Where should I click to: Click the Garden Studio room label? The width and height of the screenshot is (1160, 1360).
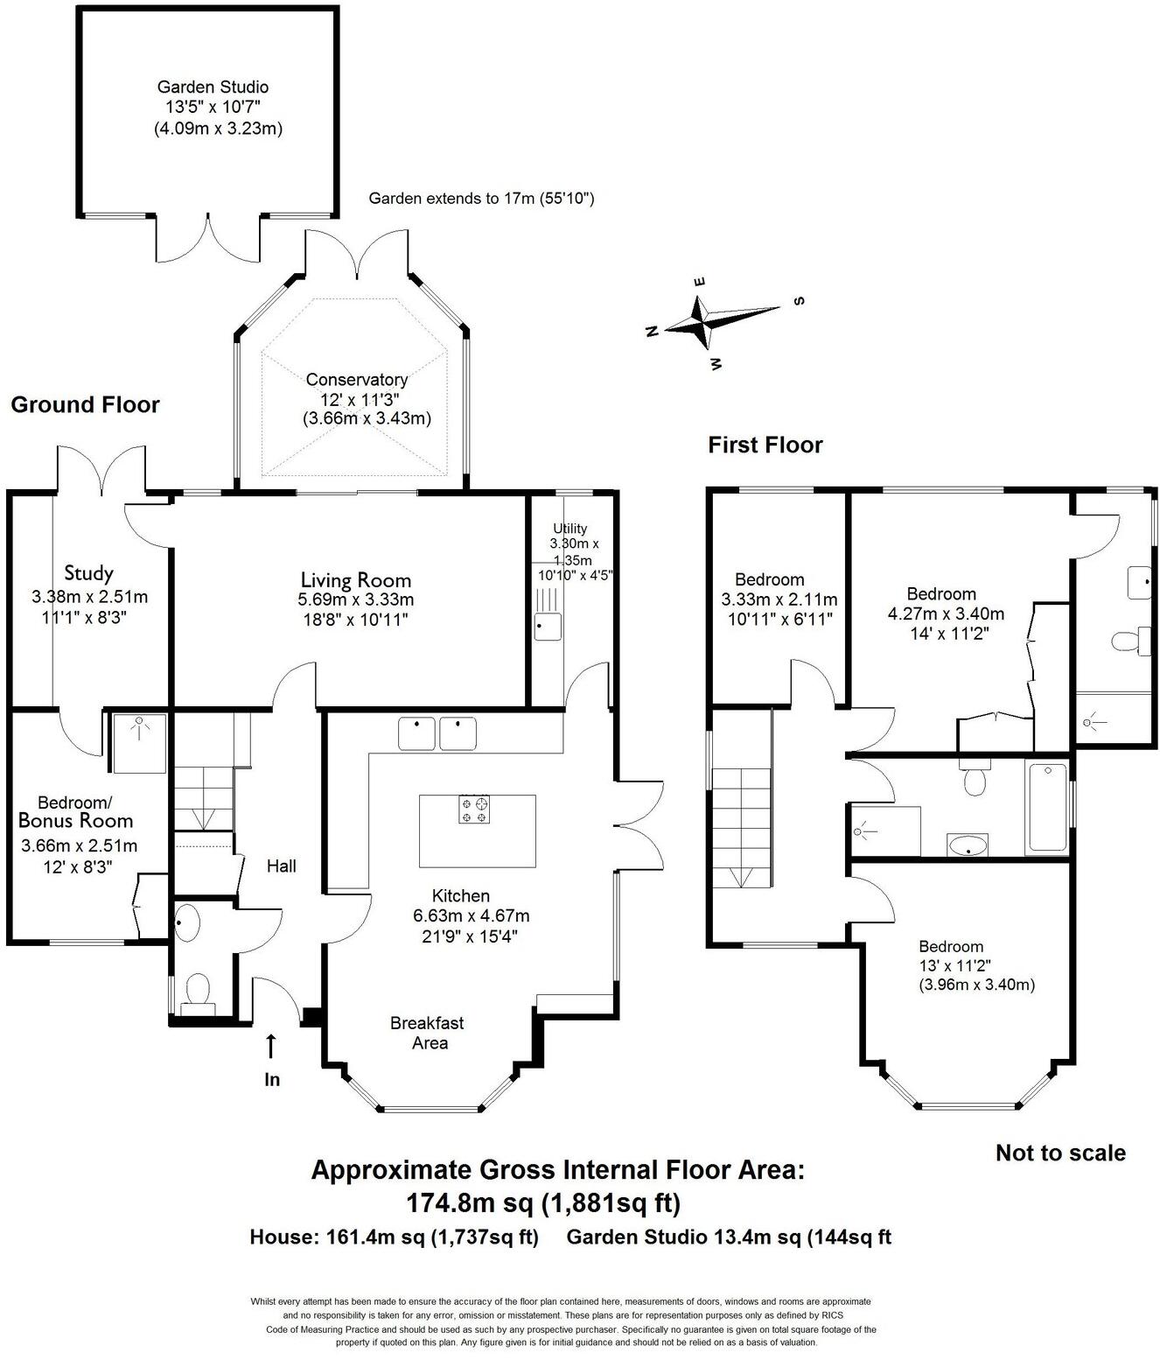[x=213, y=87]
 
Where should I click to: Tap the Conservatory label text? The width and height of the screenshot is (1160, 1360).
[x=356, y=380]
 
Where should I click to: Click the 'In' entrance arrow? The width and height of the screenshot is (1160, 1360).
[x=271, y=1046]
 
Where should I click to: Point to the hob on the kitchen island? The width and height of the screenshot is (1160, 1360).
[x=475, y=809]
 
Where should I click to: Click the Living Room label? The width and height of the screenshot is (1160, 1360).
[x=355, y=579]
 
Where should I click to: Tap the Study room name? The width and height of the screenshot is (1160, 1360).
[x=88, y=573]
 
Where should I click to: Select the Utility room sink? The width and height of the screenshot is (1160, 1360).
[x=548, y=627]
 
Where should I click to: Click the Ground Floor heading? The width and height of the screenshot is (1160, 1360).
[x=85, y=404]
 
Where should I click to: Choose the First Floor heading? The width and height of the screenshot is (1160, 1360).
[x=765, y=445]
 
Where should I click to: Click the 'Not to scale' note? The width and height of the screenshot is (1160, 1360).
[x=1060, y=1153]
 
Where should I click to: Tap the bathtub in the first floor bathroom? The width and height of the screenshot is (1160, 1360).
[x=1046, y=807]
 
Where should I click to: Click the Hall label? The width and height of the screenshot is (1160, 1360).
[x=281, y=866]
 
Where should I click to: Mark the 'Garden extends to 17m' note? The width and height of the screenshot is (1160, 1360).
[x=481, y=199]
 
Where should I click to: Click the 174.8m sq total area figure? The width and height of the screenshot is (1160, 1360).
[x=470, y=1203]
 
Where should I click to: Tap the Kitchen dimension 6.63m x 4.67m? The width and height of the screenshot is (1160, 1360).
[x=471, y=915]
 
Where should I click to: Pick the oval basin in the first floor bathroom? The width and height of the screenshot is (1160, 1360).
[x=968, y=846]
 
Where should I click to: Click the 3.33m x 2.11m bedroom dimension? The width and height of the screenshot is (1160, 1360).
[x=779, y=599]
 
